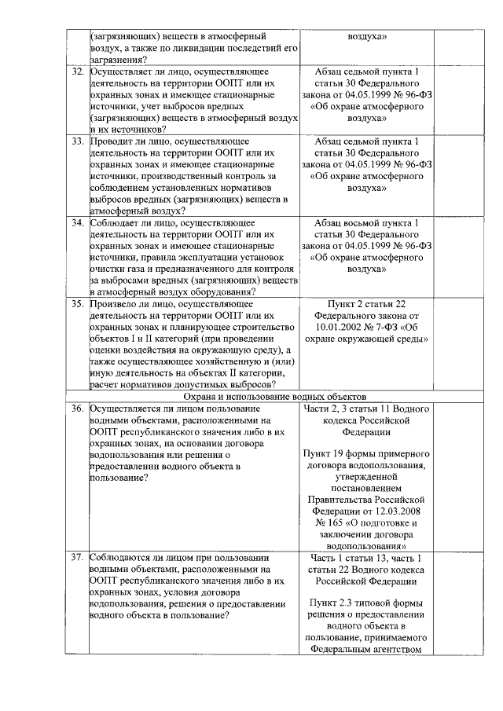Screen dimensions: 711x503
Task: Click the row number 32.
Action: coord(78,72)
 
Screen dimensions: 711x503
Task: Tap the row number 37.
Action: coord(78,557)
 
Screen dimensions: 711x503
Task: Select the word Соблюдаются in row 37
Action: coord(125,557)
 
